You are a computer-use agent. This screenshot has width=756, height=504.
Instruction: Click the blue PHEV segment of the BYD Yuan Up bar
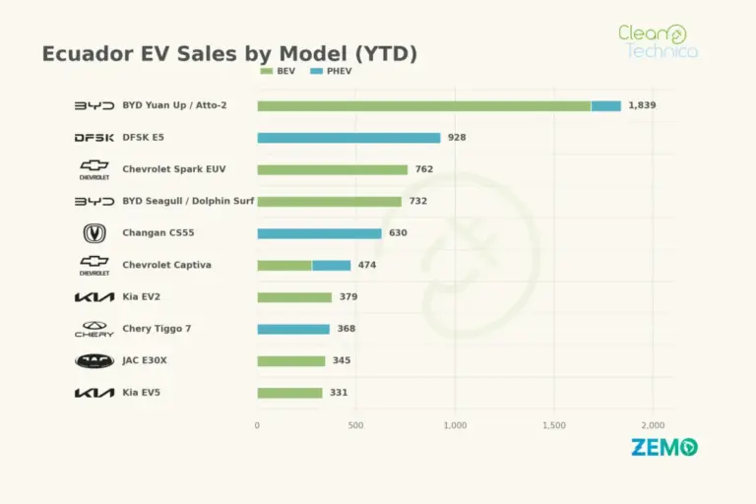coord(606,106)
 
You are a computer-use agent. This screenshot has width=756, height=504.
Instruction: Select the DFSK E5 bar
coord(348,138)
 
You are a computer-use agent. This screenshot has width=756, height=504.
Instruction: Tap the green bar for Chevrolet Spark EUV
coord(332,169)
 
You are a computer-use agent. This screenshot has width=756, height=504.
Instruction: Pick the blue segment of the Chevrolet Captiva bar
coord(331,265)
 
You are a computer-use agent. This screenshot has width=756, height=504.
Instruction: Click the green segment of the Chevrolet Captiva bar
coord(284,265)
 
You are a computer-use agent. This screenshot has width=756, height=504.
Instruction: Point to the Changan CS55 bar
coord(319,233)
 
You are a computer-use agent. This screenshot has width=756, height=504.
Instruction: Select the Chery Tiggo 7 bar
coord(293,329)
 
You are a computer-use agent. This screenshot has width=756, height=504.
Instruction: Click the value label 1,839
coord(642,105)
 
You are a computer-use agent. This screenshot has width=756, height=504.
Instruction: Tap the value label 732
coord(418,201)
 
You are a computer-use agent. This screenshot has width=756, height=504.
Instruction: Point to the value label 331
coord(339,392)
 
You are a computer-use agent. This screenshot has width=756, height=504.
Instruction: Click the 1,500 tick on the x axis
coord(554,425)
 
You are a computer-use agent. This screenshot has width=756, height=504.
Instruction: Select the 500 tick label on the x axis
coord(355,425)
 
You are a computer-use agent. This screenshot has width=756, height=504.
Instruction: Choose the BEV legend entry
coord(278,71)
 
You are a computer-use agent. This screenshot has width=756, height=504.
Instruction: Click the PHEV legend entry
coord(331,71)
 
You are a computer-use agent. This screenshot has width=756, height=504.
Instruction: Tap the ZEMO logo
coord(664,447)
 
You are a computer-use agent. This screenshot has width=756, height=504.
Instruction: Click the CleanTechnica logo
coord(659,41)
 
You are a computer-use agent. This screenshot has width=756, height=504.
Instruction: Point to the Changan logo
coord(94,233)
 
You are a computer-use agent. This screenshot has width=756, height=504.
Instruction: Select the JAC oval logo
coord(94,360)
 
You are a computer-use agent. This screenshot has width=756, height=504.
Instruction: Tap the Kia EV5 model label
coord(142,392)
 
